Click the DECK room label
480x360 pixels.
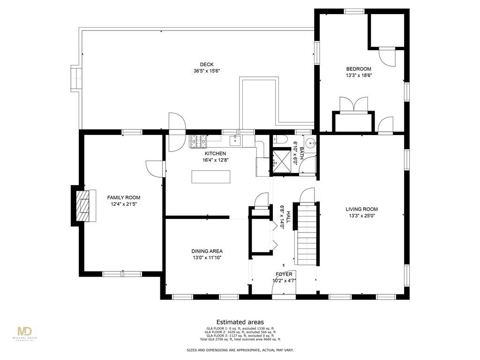(x=207, y=65)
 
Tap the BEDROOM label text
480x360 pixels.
(x=359, y=69)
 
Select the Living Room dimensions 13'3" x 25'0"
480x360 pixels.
(x=361, y=216)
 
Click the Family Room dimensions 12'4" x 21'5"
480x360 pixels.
(x=123, y=204)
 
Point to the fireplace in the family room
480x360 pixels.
(x=83, y=205)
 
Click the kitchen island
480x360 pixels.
(x=211, y=177)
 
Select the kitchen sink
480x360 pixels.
(x=234, y=140)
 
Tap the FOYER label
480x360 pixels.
(x=284, y=274)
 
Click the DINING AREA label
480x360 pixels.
(x=207, y=251)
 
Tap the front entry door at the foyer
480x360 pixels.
(x=284, y=295)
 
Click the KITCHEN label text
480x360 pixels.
(x=215, y=153)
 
